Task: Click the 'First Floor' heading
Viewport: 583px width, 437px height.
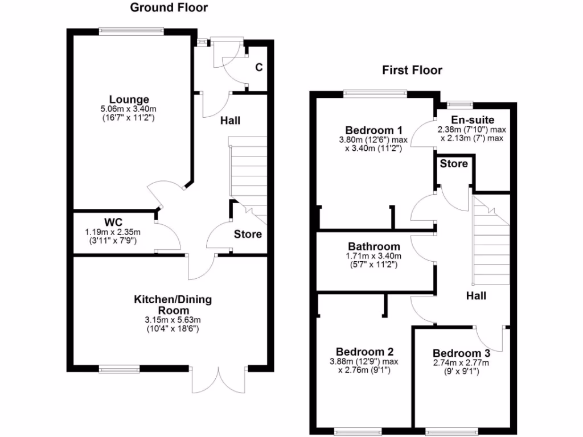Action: pyautogui.click(x=412, y=71)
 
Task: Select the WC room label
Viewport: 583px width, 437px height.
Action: pyautogui.click(x=114, y=221)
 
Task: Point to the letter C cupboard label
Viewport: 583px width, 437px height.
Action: pyautogui.click(x=258, y=68)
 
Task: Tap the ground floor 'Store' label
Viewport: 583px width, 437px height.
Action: pyautogui.click(x=248, y=234)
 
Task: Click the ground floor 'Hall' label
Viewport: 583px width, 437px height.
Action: pyautogui.click(x=231, y=121)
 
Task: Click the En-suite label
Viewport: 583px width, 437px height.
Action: pyautogui.click(x=473, y=120)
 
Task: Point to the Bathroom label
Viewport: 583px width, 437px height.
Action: pyautogui.click(x=374, y=247)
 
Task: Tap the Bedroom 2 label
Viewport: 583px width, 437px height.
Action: pyautogui.click(x=364, y=352)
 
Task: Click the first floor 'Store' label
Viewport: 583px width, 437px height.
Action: pyautogui.click(x=454, y=164)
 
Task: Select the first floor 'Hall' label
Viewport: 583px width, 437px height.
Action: pyautogui.click(x=476, y=296)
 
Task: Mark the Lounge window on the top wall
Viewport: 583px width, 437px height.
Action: pyautogui.click(x=130, y=31)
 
